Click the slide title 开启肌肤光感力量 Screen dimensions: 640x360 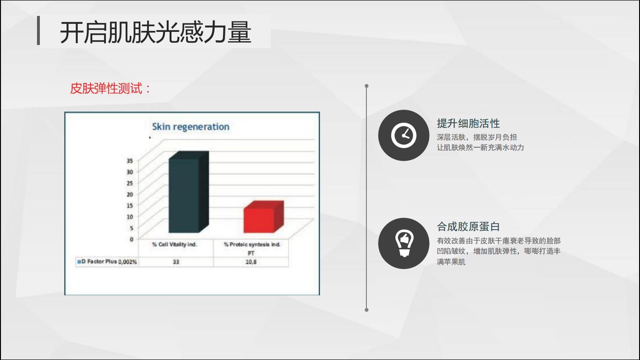click(x=156, y=32)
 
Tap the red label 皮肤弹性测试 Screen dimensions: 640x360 click(x=106, y=88)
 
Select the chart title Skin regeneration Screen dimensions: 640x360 click(x=191, y=127)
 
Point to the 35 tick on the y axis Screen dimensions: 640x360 click(x=130, y=161)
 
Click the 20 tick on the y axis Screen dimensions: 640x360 click(x=130, y=195)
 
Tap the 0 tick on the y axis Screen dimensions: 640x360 click(x=132, y=239)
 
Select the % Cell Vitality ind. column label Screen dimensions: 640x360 click(x=175, y=245)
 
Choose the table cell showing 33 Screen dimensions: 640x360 click(x=176, y=262)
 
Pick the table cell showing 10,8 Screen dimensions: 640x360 click(x=251, y=262)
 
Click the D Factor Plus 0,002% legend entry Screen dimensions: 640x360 click(x=107, y=262)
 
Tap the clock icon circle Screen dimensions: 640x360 click(x=403, y=135)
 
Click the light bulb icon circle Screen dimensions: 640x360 click(x=403, y=243)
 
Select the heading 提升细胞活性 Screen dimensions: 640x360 click(x=468, y=124)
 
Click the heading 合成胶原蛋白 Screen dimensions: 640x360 click(x=468, y=226)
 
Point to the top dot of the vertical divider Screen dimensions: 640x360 click(x=366, y=86)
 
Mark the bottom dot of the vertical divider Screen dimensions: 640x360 click(x=366, y=310)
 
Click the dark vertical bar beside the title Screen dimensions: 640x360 click(x=38, y=30)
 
